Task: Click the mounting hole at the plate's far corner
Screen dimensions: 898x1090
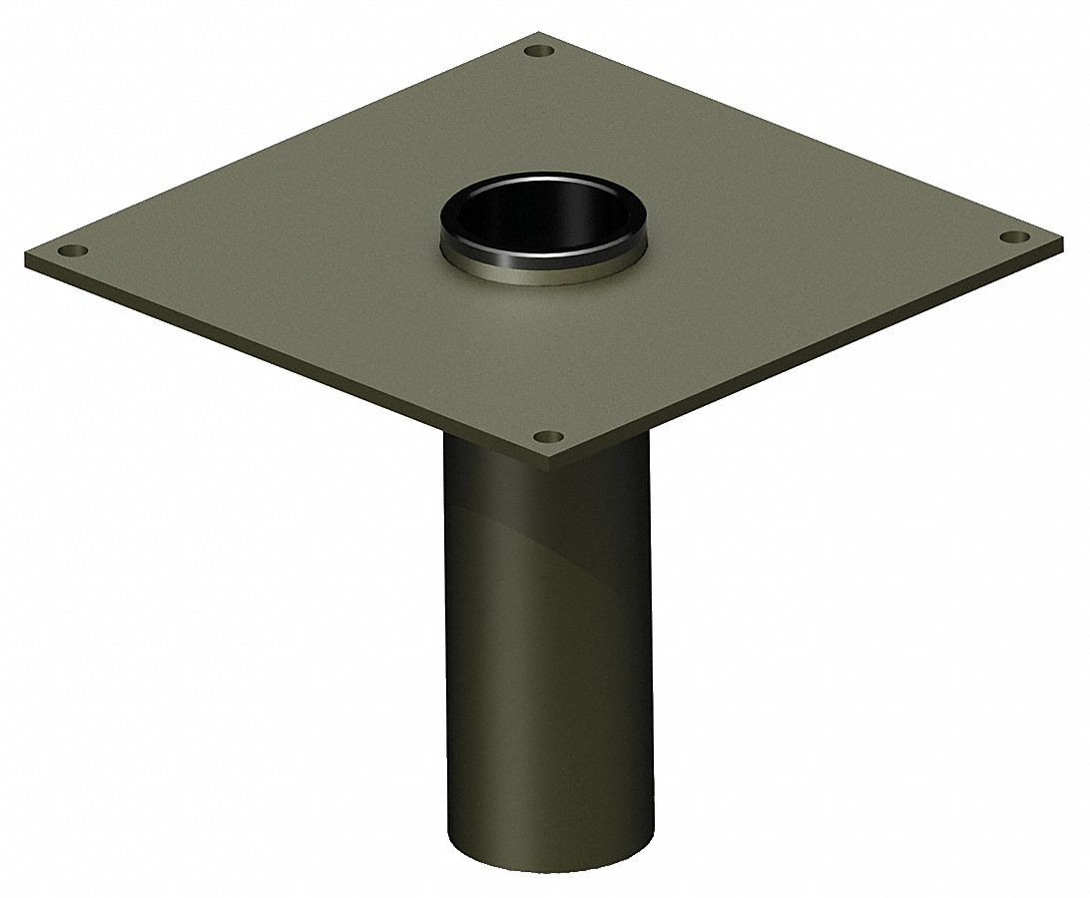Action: [540, 50]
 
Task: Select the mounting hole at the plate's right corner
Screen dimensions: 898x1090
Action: [1013, 237]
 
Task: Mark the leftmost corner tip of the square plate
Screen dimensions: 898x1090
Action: [27, 257]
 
